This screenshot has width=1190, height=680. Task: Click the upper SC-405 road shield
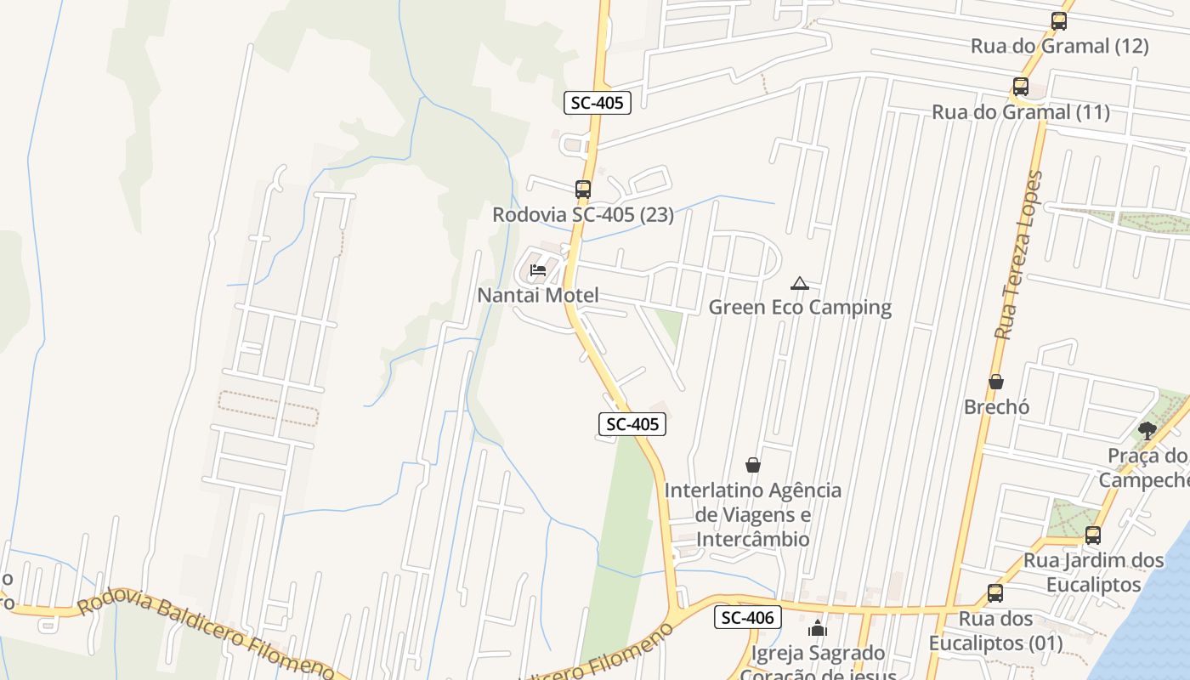(x=598, y=104)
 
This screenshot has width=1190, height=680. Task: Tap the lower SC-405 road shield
(x=632, y=424)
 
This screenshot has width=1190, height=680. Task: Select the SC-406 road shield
(x=747, y=618)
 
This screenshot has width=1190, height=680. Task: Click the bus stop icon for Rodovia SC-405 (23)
(x=583, y=190)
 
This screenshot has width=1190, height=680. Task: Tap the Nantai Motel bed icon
(x=537, y=271)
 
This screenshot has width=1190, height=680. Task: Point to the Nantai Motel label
(x=538, y=296)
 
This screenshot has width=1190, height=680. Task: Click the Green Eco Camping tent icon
(x=799, y=283)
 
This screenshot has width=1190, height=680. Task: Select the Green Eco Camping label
(x=800, y=308)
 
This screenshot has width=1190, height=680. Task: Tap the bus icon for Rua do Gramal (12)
(x=1059, y=22)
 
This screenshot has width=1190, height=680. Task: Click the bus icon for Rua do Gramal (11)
(x=1021, y=87)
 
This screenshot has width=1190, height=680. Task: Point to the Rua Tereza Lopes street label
(x=1018, y=255)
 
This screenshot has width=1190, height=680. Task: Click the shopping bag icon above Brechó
(x=996, y=382)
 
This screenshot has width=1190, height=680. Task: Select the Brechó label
(x=996, y=407)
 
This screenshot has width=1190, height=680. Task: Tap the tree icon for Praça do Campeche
(x=1147, y=431)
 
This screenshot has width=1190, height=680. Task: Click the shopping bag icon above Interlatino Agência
(x=753, y=465)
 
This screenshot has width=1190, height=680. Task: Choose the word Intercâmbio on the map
(x=753, y=540)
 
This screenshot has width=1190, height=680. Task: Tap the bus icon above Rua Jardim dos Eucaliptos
(x=1093, y=535)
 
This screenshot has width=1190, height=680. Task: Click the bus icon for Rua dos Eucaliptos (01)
(x=995, y=593)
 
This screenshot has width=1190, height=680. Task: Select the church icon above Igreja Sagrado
(x=818, y=629)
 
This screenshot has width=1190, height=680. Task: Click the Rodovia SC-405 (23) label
(x=583, y=215)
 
